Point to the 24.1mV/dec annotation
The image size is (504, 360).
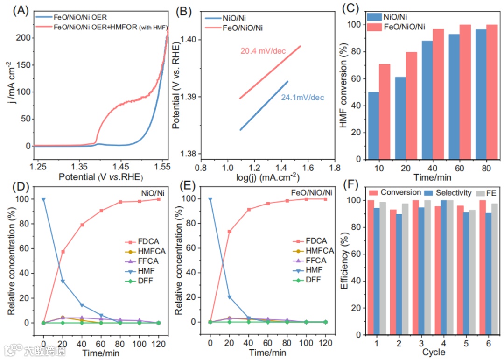[302, 98]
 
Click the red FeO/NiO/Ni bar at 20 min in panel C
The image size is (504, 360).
[411, 105]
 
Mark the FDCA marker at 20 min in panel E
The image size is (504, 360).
[229, 232]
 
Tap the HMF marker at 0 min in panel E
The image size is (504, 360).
[210, 199]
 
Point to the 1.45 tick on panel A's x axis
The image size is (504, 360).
[120, 167]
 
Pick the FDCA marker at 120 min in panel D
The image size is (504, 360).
[158, 199]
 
